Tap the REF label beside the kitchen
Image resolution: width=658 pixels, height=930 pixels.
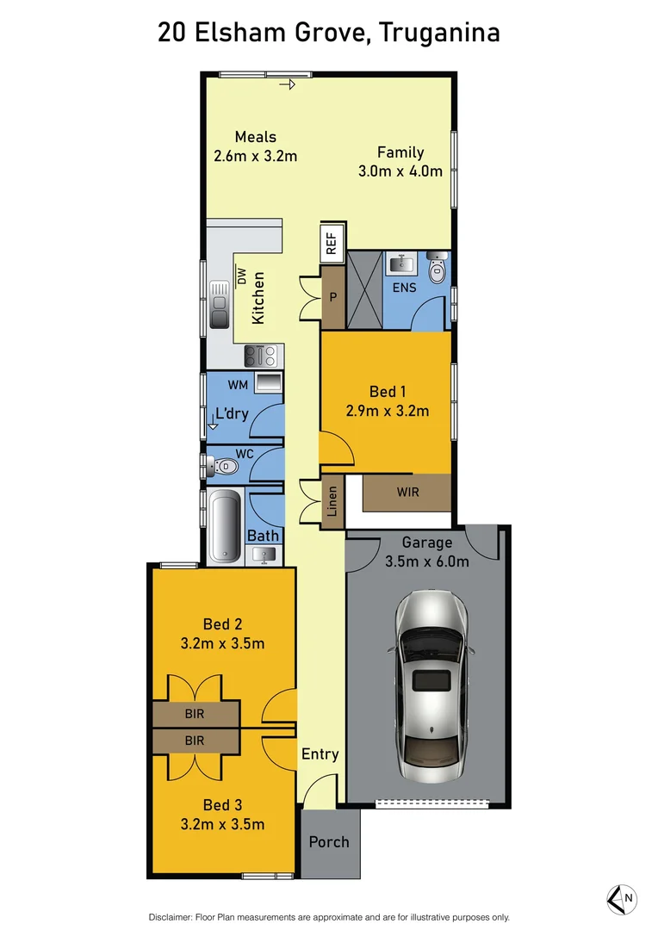(x=332, y=244)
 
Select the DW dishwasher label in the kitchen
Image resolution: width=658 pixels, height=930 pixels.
(x=242, y=276)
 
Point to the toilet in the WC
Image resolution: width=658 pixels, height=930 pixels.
(x=225, y=466)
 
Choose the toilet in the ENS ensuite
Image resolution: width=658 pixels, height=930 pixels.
(x=437, y=270)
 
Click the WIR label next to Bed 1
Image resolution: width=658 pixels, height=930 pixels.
(x=408, y=493)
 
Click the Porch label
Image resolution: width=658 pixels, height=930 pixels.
(x=329, y=841)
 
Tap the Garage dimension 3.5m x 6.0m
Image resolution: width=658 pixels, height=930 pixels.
(x=427, y=562)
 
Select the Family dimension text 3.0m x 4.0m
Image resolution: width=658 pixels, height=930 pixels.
(x=400, y=170)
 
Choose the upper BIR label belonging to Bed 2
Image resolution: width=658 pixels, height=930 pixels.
(x=196, y=714)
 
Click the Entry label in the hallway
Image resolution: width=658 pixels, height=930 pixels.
(x=320, y=754)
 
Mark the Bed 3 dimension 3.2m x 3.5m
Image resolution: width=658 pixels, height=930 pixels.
(x=221, y=824)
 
